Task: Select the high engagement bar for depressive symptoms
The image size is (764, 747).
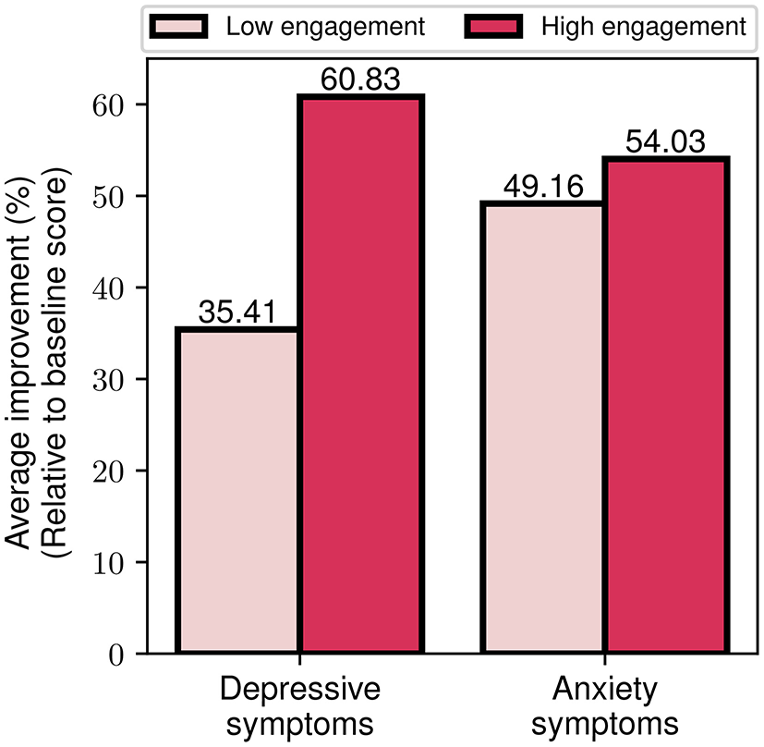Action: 360,374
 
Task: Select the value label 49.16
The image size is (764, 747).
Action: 542,187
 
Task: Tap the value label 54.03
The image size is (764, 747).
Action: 665,142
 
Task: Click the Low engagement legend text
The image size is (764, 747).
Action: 325,27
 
